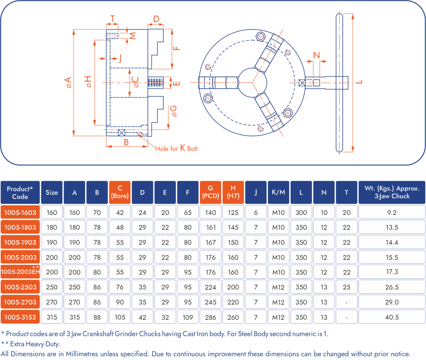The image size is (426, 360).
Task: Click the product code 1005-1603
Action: click(x=20, y=212)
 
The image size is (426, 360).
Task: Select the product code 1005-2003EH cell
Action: click(x=20, y=272)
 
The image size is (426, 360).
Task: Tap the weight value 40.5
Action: click(x=392, y=317)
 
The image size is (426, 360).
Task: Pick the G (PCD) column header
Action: click(x=210, y=192)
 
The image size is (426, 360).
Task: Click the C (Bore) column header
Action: click(x=120, y=192)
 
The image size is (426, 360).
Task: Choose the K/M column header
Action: click(x=278, y=192)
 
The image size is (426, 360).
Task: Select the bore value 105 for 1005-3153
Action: click(x=120, y=317)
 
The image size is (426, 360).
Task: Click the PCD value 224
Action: click(x=210, y=287)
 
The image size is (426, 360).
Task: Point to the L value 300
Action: click(x=301, y=212)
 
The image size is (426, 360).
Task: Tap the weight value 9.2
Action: click(x=392, y=212)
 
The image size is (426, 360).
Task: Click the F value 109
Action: click(x=188, y=317)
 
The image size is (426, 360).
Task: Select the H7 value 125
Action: click(x=233, y=212)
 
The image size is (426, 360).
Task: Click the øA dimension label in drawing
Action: click(x=68, y=82)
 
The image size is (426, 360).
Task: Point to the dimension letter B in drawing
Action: click(x=126, y=142)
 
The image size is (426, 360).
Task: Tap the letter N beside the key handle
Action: click(x=317, y=55)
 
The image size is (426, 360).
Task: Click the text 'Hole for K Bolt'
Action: click(x=176, y=149)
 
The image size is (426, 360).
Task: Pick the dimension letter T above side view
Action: click(x=112, y=19)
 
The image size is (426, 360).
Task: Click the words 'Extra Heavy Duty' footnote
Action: click(x=35, y=344)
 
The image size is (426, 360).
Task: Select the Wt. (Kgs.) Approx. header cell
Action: click(x=392, y=192)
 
